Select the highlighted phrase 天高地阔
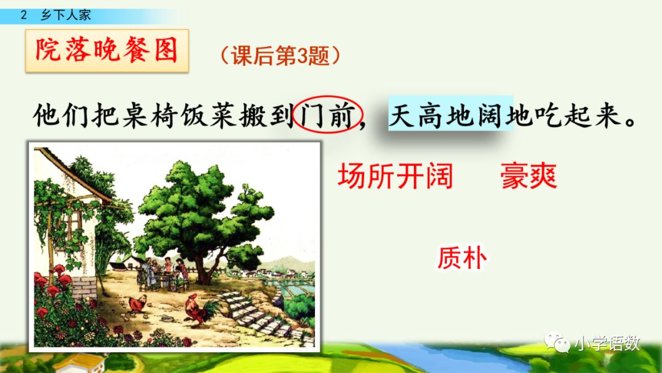click(x=451, y=115)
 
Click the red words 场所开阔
click(x=395, y=177)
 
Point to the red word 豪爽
click(x=528, y=177)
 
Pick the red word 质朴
click(x=462, y=258)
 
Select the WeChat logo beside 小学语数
click(x=558, y=344)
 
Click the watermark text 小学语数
click(x=607, y=344)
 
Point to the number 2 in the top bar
click(x=24, y=15)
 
